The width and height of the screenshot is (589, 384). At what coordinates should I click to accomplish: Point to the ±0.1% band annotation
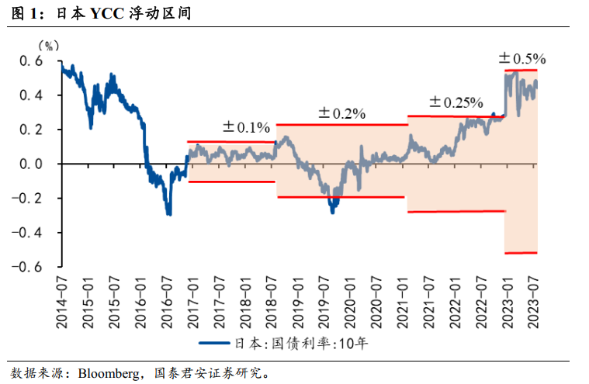[246, 127]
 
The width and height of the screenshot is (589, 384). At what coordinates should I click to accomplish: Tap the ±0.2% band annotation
[341, 113]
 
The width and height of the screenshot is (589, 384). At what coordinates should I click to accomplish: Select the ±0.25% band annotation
[456, 102]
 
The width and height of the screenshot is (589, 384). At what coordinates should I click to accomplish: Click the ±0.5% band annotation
[522, 58]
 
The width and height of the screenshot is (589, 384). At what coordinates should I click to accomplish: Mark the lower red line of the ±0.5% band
[521, 252]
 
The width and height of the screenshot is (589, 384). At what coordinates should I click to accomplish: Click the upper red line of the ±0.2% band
[341, 124]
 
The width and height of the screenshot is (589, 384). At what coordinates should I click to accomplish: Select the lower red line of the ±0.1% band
[231, 182]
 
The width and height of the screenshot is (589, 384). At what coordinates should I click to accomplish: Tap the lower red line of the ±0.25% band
[456, 211]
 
